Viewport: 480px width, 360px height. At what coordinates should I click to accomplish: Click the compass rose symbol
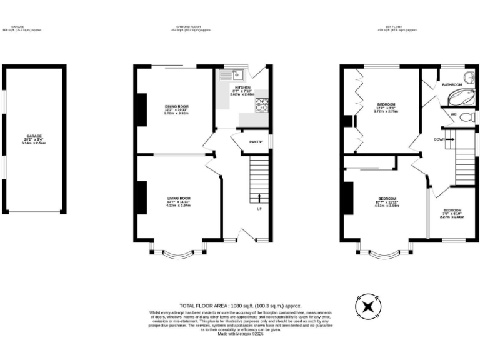pos(369,307)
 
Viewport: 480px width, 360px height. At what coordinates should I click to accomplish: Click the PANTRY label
pos(256,141)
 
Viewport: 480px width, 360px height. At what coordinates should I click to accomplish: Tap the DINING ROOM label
pos(176,106)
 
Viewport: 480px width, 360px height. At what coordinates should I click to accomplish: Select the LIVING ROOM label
pos(177,198)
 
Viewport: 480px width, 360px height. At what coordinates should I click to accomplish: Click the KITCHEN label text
pos(242,87)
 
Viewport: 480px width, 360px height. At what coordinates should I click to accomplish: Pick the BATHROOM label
pos(452,84)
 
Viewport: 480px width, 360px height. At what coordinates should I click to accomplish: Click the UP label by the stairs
pos(259,208)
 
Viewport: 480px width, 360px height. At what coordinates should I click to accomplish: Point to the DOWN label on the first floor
pos(439,139)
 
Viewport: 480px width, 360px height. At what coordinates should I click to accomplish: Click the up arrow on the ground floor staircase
pos(259,198)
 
